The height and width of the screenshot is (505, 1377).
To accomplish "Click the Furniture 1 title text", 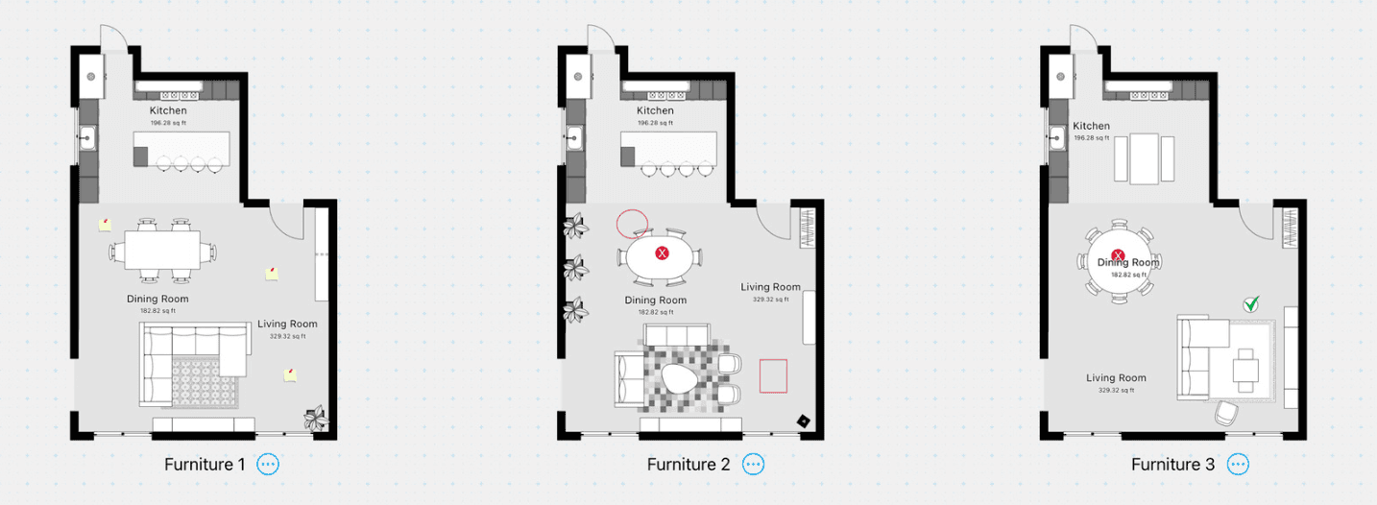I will tap(205, 465).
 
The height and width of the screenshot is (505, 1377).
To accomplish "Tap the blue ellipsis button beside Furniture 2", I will tap(754, 465).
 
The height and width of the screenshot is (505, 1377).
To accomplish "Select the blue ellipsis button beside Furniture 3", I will tap(1239, 465).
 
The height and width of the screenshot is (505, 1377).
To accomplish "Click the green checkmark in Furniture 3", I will tap(1250, 304).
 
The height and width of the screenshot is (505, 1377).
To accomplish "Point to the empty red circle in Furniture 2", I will tap(632, 223).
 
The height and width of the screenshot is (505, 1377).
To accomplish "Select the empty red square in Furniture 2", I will tap(773, 375).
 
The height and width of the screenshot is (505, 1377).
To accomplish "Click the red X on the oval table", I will tap(662, 252).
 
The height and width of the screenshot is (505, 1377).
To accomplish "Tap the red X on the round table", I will tap(1118, 255).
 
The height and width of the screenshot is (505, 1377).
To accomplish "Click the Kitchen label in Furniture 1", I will tap(168, 111).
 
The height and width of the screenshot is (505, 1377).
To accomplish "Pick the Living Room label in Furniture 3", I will tap(1116, 378).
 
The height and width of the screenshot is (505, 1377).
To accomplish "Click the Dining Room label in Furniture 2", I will tap(655, 301).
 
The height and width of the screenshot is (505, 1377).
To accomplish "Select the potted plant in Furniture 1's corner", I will tap(315, 418).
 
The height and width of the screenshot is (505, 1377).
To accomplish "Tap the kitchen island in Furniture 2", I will tap(668, 148).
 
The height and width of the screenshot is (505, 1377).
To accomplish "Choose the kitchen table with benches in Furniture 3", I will tap(1144, 158).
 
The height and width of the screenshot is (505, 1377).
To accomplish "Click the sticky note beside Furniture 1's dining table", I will tap(105, 224).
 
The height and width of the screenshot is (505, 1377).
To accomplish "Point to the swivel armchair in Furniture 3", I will tap(1226, 413).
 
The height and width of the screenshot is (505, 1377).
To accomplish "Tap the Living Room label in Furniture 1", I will tap(287, 324).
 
